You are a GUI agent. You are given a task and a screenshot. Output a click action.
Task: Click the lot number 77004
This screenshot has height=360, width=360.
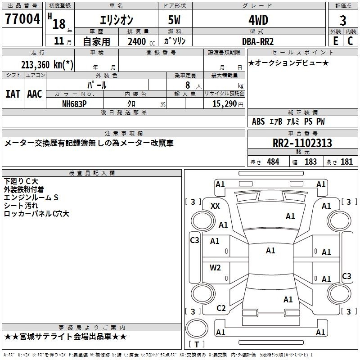click(22, 19)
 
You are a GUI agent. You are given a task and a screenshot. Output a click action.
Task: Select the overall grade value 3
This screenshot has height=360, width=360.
click(343, 21)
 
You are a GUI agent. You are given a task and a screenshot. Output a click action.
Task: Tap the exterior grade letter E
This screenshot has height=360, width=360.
click(336, 41)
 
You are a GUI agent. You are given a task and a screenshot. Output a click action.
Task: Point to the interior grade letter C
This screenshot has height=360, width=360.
click(350, 41)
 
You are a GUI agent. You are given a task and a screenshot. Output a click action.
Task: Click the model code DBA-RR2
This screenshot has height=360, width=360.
click(258, 41)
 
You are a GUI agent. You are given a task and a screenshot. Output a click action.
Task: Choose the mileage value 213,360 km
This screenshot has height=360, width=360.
click(47, 65)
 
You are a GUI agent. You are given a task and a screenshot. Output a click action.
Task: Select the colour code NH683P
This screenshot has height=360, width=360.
click(74, 104)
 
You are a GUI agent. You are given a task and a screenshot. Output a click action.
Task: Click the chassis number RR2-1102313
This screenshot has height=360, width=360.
click(302, 143)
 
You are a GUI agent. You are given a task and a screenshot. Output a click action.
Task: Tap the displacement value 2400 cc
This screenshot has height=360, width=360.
click(141, 41)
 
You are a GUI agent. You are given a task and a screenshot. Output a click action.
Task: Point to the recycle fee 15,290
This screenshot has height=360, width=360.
click(225, 104)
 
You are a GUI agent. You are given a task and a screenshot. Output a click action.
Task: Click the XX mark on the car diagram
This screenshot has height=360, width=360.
click(215, 206)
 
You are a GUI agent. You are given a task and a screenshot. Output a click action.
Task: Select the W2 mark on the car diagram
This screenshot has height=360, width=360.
click(215, 268)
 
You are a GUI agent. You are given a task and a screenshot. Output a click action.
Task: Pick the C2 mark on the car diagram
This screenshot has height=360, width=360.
click(221, 308)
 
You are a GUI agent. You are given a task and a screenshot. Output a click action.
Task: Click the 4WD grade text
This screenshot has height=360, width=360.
click(258, 20)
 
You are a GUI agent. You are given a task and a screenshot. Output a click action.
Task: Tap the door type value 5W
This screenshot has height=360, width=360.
click(174, 20)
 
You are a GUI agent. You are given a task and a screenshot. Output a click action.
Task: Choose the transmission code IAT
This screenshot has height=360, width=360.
click(13, 94)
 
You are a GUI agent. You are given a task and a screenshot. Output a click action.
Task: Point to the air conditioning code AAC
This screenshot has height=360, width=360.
click(35, 94)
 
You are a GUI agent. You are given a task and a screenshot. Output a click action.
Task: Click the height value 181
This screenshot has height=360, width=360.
click(346, 162)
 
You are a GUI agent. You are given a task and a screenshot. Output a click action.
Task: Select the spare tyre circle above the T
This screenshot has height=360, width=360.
click(197, 328)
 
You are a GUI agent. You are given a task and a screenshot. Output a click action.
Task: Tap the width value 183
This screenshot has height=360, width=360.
click(310, 162)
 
